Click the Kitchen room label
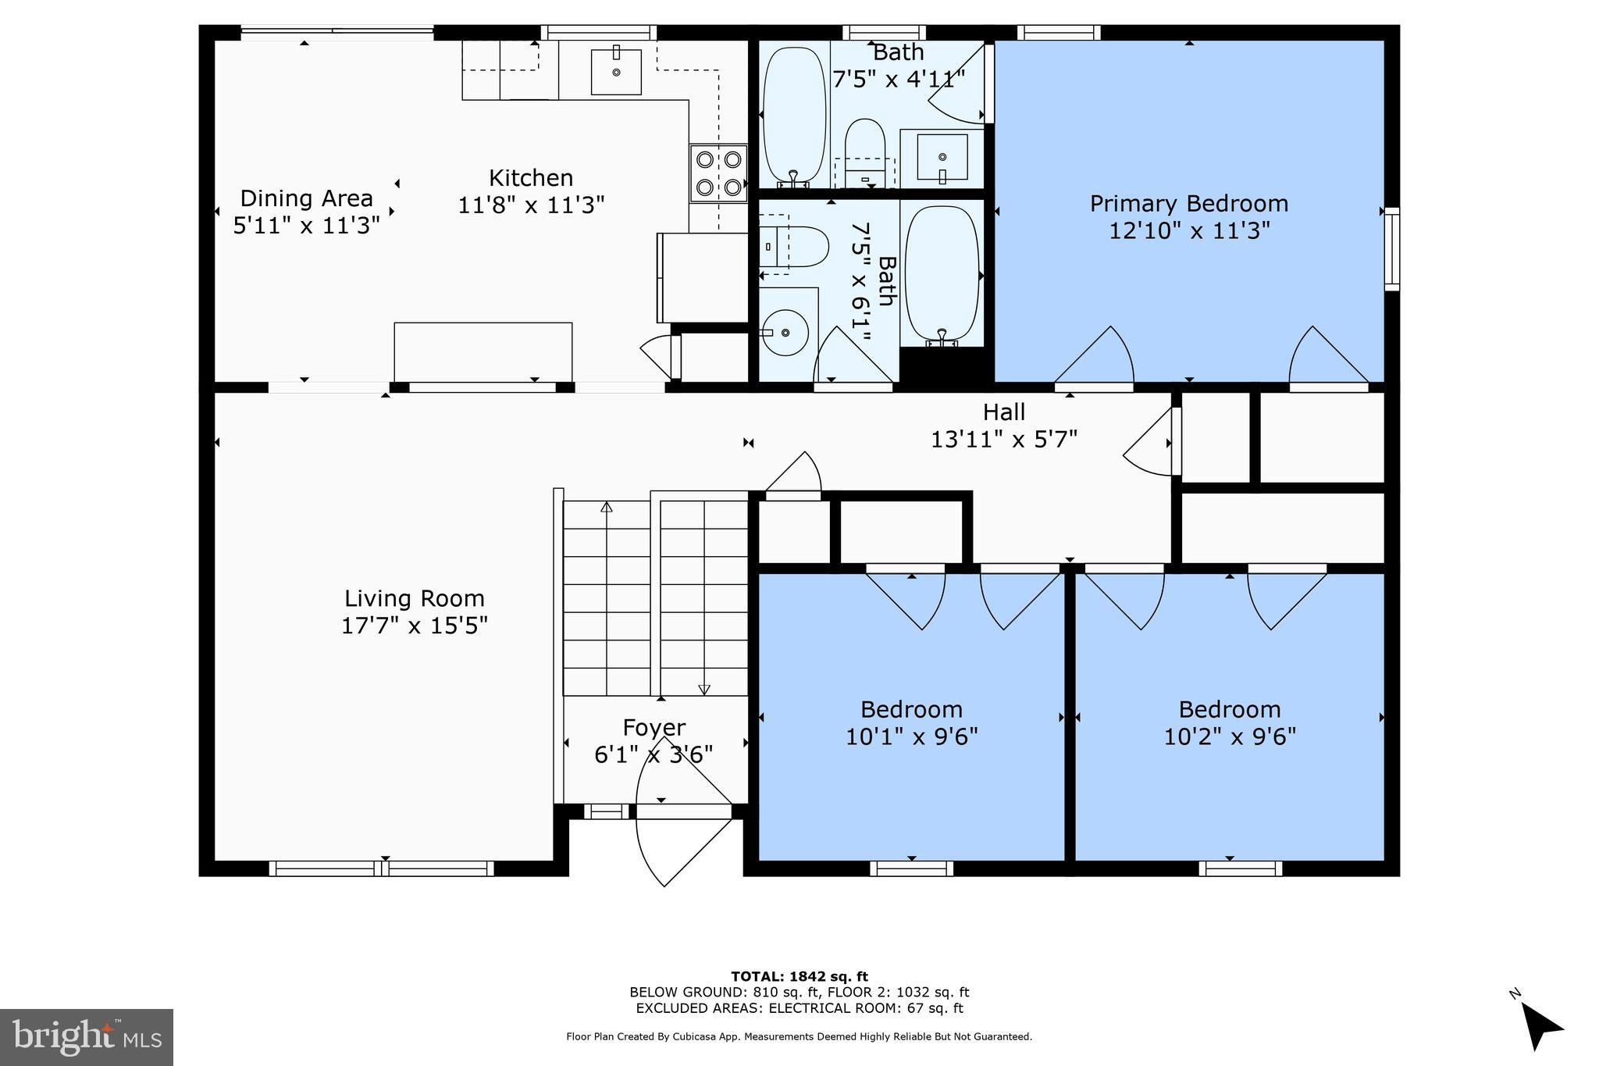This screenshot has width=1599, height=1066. [x=531, y=178]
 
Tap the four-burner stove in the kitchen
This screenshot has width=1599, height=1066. [x=718, y=173]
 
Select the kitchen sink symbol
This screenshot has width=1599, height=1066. [x=616, y=72]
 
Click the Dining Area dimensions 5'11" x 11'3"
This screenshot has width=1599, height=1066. [x=306, y=226]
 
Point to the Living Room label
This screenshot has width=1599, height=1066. [x=415, y=599]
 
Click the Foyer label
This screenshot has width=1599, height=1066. [x=654, y=728]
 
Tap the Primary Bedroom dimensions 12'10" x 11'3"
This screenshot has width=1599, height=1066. [x=1189, y=230]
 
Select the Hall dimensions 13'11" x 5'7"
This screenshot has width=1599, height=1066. [x=1003, y=439]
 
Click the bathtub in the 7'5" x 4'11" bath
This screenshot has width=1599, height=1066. [x=794, y=115]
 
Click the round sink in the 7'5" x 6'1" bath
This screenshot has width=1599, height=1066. [x=784, y=333]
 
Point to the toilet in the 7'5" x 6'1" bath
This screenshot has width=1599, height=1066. [x=794, y=247]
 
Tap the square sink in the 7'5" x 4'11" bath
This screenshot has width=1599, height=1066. [x=942, y=158]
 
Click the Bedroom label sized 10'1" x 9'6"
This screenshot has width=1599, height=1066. [x=911, y=710]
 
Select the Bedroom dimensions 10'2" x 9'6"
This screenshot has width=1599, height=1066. [x=1230, y=736]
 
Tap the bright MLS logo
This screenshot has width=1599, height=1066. [x=87, y=1037]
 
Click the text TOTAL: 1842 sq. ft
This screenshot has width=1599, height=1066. [x=799, y=976]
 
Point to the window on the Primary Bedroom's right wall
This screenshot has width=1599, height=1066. [x=1391, y=249]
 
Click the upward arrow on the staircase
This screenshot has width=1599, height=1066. [x=607, y=508]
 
